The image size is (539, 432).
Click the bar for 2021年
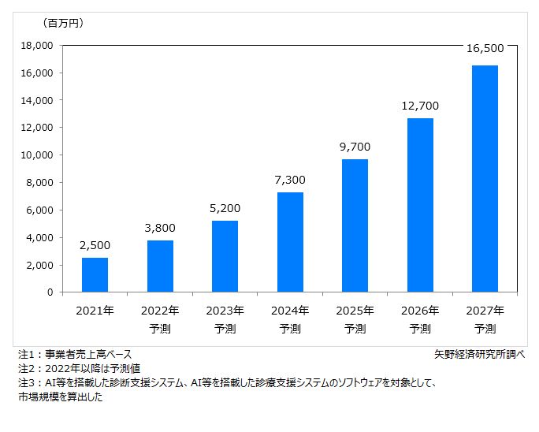95,274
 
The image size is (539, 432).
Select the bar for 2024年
290,242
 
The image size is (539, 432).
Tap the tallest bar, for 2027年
485,179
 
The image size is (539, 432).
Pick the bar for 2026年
420,205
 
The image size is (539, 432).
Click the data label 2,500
95,245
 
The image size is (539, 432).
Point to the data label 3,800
160,228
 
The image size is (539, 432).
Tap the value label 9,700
355,147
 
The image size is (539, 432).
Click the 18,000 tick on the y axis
36,46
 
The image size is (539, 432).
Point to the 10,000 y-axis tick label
36,155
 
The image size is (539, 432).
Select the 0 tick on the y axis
49,292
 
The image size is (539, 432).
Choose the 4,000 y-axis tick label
39,237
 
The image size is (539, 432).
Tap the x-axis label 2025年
355,311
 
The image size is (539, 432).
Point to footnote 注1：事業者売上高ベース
75,354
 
